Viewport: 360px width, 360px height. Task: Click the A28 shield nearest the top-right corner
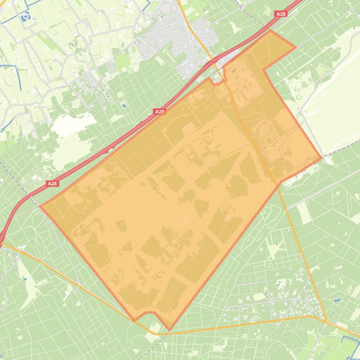(281, 14)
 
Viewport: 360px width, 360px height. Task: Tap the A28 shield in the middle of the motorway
(160, 112)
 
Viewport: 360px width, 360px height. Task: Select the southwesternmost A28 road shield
(52, 184)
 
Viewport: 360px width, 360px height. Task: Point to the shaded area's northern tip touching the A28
(270, 31)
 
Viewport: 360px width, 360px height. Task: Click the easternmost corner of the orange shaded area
(322, 158)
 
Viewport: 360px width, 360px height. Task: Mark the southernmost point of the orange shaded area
(169, 330)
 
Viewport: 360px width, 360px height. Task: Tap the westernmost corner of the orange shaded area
(41, 206)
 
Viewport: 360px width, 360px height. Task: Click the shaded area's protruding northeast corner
(295, 47)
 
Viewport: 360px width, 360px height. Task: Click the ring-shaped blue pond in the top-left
(24, 17)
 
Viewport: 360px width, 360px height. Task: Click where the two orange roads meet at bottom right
(326, 321)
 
